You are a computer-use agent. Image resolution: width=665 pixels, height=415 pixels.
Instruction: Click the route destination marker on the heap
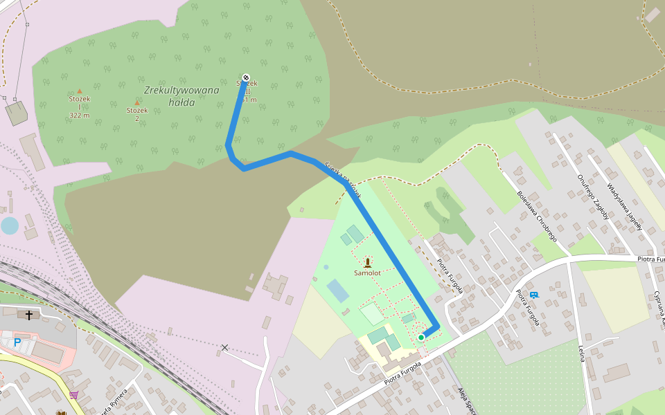[246, 77]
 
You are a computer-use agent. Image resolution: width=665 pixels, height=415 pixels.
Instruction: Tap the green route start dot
[421, 337]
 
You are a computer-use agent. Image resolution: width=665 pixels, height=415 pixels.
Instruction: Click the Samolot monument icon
[367, 261]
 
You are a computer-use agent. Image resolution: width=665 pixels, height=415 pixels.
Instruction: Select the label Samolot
[367, 273]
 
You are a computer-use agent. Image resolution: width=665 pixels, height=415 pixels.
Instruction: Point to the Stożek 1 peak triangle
[80, 91]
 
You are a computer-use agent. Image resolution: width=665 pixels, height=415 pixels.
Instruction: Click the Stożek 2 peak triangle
[136, 102]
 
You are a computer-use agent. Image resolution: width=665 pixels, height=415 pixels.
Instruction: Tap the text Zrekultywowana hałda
[181, 96]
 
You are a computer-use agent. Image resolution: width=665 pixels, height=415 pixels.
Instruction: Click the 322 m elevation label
[80, 115]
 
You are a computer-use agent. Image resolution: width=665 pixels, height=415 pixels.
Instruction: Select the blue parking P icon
[17, 342]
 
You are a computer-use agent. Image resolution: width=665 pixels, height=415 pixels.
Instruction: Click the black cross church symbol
[29, 315]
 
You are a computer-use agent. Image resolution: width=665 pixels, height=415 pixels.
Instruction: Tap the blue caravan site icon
[533, 295]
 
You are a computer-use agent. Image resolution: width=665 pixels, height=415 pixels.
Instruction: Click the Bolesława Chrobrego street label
[537, 215]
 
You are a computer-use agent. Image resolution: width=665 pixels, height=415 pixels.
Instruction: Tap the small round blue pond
[10, 225]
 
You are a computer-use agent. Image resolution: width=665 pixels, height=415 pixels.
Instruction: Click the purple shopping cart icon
[73, 395]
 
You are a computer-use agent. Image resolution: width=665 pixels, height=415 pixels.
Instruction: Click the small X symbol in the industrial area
[224, 347]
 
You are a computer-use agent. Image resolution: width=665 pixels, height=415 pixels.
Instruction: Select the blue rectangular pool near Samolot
[338, 290]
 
